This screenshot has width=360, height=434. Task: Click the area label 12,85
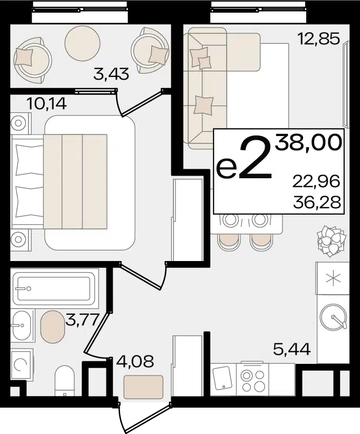(x=318, y=38)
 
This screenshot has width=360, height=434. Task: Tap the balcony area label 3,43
(x=111, y=74)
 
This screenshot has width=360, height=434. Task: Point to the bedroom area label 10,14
(x=46, y=103)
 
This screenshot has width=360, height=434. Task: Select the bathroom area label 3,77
(x=82, y=320)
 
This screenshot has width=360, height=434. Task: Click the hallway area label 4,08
(x=135, y=361)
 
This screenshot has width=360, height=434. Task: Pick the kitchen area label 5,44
(x=291, y=349)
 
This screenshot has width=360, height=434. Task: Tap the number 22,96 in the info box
(x=316, y=181)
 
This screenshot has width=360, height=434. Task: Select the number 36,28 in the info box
(x=317, y=203)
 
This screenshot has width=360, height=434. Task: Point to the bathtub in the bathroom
(x=54, y=288)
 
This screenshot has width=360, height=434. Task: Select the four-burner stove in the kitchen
(x=252, y=379)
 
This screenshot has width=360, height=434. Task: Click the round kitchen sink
(x=333, y=316)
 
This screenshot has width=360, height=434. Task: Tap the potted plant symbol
(x=332, y=241)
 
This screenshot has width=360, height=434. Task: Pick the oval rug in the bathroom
(x=53, y=326)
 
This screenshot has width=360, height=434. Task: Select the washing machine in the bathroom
(x=22, y=365)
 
